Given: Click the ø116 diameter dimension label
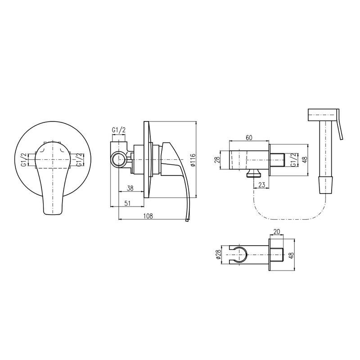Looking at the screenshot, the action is click(193, 160).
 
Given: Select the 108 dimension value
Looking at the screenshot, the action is click(148, 216).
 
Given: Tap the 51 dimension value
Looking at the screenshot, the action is click(127, 203).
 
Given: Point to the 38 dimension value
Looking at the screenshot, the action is click(130, 188).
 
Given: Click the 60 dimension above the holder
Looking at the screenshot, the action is click(249, 138).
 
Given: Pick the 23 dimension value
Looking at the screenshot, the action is click(261, 184).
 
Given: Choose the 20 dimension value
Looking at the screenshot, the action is click(277, 232).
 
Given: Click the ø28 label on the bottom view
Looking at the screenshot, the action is click(218, 254).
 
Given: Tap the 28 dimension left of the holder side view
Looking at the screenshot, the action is click(217, 160).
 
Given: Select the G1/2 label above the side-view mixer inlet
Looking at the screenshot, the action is click(119, 130).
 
